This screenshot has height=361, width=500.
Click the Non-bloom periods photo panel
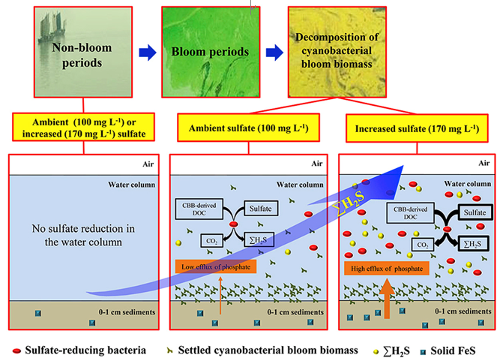point(83,52)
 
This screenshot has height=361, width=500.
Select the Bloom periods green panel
point(211,52)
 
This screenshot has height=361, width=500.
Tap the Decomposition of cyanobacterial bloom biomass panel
point(337,52)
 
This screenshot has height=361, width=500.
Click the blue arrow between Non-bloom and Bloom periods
point(148,53)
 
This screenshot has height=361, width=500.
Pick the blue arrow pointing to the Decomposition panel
point(274,53)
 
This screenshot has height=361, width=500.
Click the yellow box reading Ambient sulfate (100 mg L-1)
point(248,128)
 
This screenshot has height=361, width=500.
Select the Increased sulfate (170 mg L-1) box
point(417,128)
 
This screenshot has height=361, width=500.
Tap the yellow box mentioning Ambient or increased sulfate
point(83,127)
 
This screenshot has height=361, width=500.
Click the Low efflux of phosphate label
point(216,267)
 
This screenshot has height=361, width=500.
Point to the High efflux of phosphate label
point(387,269)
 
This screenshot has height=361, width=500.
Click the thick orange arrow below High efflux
point(387,299)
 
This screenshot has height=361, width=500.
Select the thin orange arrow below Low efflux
point(220,295)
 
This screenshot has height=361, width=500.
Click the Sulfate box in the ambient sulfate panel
point(261,209)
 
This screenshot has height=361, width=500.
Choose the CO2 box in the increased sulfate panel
point(423,245)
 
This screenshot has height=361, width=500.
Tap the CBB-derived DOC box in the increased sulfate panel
point(410,213)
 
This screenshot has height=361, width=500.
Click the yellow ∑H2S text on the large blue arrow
point(349,203)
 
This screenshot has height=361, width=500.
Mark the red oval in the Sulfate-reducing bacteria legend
point(16,351)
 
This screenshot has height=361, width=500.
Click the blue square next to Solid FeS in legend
point(423,352)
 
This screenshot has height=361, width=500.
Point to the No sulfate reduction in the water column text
point(83,235)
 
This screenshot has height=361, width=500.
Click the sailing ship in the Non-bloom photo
point(52,28)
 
